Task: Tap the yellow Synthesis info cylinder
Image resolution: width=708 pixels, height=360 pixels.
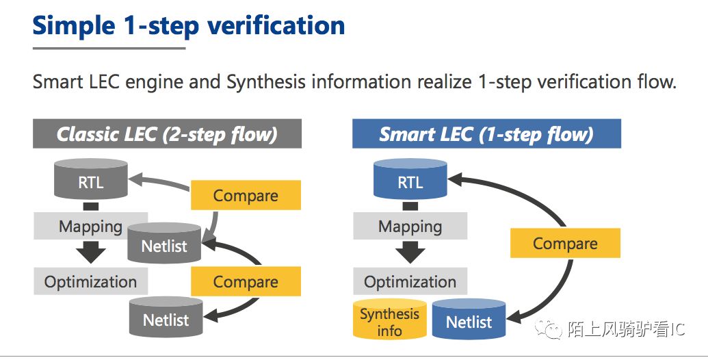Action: (x=389, y=319)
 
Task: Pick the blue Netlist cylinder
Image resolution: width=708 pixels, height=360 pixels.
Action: (x=469, y=319)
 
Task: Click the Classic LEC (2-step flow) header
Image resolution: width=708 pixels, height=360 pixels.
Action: (x=167, y=133)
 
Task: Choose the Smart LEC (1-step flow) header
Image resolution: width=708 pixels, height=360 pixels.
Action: (x=486, y=133)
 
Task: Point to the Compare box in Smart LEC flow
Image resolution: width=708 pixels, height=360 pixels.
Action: (x=565, y=243)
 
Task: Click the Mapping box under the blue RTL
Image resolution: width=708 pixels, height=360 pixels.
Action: (x=410, y=226)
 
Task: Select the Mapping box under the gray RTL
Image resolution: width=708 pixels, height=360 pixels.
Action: (x=90, y=226)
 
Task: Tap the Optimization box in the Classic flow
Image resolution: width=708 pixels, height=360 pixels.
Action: (x=91, y=281)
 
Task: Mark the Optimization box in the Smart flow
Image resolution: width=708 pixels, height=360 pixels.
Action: (x=410, y=281)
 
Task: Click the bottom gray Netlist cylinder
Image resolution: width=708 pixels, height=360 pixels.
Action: (x=166, y=317)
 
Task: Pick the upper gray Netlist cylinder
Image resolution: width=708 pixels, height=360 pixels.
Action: (x=164, y=243)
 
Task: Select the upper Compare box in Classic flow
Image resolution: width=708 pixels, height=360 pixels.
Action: (x=246, y=195)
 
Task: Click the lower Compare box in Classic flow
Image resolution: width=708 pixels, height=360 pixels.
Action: (x=246, y=281)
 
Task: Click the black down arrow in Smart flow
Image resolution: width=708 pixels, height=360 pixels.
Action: (x=410, y=253)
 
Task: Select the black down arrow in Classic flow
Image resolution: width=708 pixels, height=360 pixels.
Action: (x=91, y=253)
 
